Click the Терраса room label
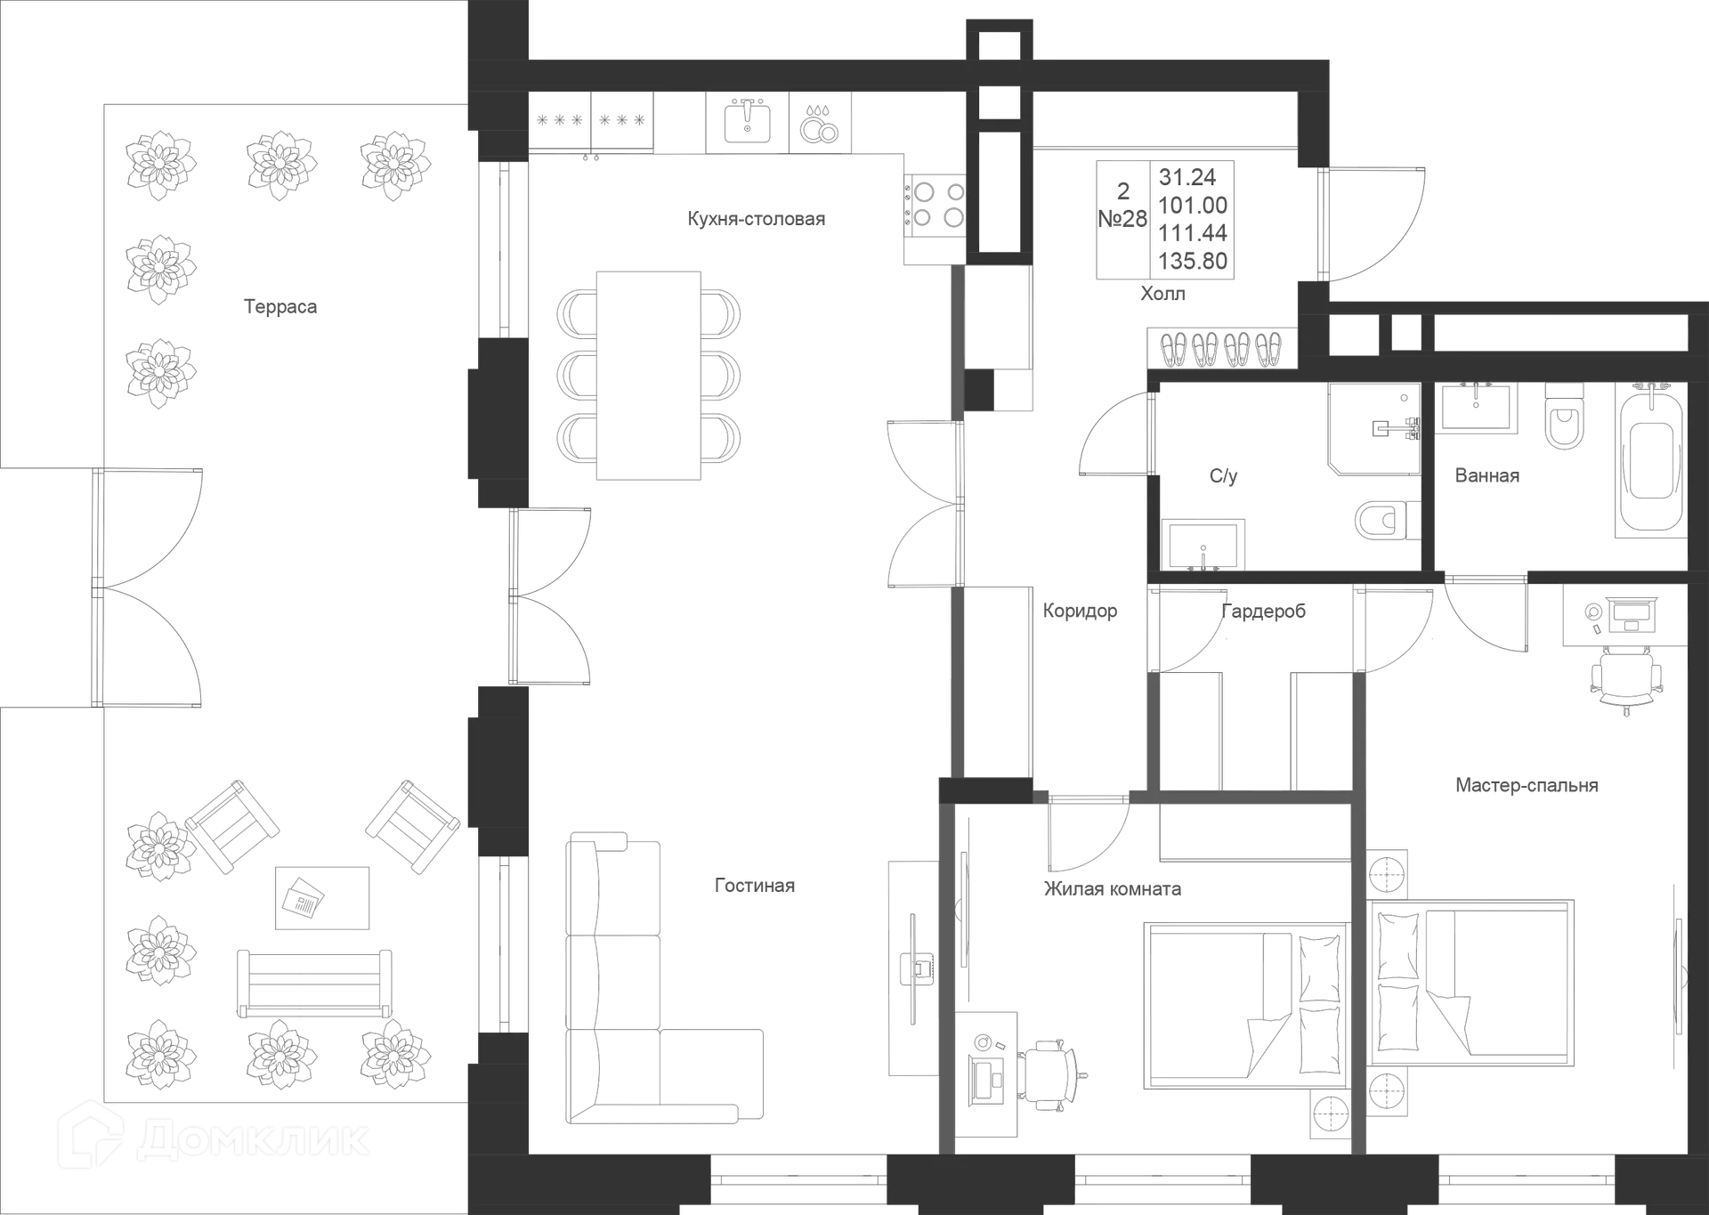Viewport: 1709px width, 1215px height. (x=280, y=307)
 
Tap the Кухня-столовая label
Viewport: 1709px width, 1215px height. (x=757, y=218)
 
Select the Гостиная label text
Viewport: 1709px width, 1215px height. (x=755, y=886)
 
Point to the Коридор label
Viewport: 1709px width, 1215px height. (x=1080, y=611)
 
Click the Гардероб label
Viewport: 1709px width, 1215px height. (x=1265, y=611)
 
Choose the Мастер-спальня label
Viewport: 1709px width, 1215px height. (x=1527, y=786)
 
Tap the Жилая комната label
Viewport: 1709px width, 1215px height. (x=1113, y=889)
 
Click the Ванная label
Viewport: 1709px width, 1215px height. (x=1486, y=475)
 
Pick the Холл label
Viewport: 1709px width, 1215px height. (x=1163, y=294)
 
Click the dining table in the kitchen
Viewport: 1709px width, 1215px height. (x=652, y=377)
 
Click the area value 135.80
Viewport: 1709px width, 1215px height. (x=1194, y=261)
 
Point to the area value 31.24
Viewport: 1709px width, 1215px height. (x=1187, y=176)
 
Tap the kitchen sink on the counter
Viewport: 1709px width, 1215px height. (x=746, y=122)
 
